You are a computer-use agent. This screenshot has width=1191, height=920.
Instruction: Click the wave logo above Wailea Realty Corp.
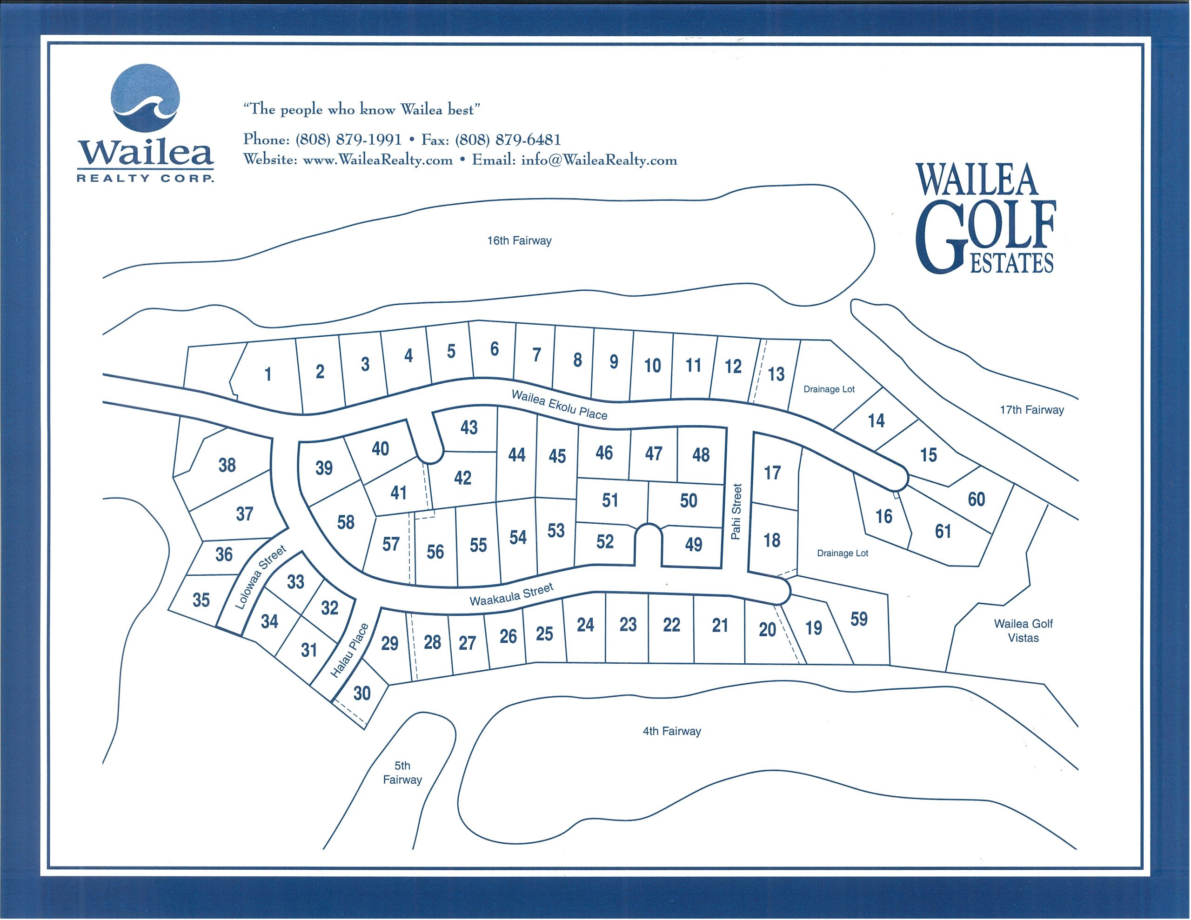[145, 98]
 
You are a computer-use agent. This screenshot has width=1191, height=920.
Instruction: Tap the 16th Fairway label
[519, 240]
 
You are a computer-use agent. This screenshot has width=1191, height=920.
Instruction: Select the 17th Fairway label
[1031, 410]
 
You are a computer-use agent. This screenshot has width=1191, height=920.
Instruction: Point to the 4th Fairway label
[671, 731]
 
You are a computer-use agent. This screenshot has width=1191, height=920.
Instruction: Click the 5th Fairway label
[402, 772]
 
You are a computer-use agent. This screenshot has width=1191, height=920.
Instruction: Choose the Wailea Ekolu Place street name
[559, 405]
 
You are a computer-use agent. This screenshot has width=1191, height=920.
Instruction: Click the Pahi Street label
[736, 512]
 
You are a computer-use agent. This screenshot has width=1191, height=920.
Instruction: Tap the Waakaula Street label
[511, 594]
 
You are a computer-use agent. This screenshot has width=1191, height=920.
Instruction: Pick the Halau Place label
[349, 650]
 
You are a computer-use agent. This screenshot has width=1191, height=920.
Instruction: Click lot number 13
[776, 374]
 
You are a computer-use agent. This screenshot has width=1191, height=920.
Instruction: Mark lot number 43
[469, 427]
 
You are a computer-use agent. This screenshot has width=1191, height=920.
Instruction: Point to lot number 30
[362, 693]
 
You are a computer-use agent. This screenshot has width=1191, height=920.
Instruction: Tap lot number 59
[859, 619]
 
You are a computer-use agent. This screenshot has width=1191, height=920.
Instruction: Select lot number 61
[943, 531]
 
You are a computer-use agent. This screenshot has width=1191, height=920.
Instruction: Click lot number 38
[227, 465]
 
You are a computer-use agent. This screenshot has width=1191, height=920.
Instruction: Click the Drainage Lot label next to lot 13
[829, 389]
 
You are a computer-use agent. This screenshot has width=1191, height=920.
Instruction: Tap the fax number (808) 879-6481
[508, 140]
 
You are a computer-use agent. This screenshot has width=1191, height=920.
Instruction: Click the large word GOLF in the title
[987, 234]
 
